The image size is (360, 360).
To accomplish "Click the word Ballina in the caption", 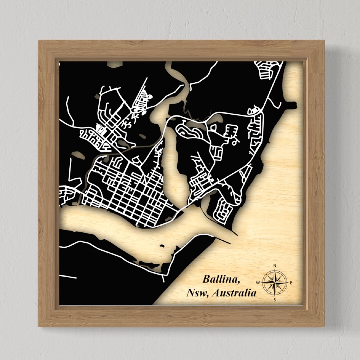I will pos(220,279).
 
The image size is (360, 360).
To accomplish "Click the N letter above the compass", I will pos(275,266).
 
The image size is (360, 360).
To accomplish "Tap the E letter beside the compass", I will pos(291,283).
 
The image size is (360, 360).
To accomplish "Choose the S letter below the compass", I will pos(275,300).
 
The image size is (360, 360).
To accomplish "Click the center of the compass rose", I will pos(275,283).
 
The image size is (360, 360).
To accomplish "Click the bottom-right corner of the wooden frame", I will pos(324,326).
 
